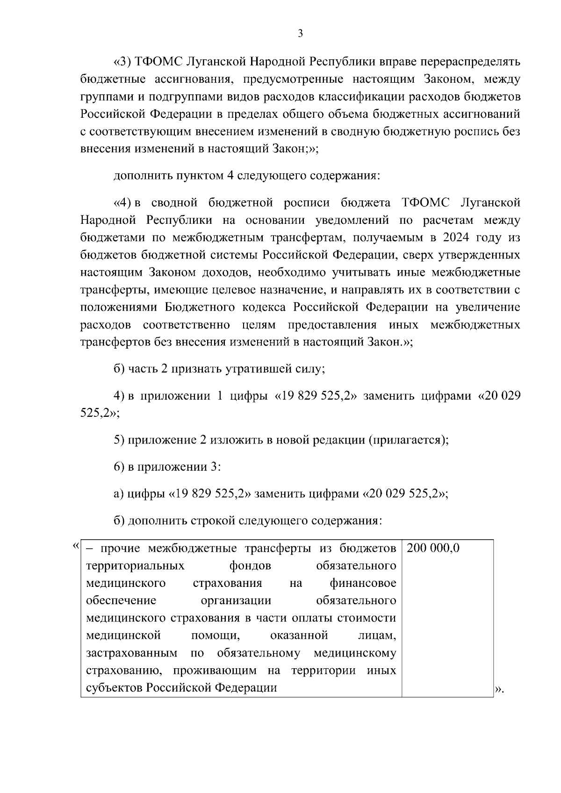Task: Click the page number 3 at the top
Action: click(301, 33)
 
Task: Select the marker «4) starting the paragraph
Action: click(123, 203)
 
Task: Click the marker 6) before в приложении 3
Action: click(119, 467)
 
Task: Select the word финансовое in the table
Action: click(363, 583)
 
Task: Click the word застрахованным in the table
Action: click(132, 653)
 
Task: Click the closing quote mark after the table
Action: click(499, 689)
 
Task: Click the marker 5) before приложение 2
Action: click(119, 440)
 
